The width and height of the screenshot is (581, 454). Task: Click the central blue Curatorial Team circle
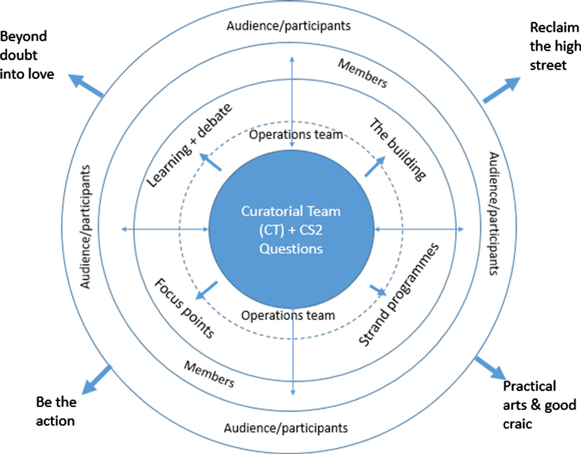point(291,230)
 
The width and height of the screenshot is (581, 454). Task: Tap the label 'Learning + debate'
point(190,146)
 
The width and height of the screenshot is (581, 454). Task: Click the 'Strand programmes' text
point(399,295)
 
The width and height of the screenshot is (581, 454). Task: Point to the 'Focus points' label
point(184,308)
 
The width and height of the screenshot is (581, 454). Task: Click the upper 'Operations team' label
point(296,135)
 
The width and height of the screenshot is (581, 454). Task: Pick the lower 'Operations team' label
point(288,316)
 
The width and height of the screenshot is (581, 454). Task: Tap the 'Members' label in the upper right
point(362,73)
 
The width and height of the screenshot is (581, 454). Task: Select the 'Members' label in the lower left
point(209,374)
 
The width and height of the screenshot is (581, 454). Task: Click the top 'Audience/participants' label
point(288,26)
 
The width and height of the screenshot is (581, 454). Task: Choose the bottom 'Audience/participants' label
point(286,428)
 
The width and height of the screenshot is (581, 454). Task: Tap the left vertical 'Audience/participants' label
point(85,227)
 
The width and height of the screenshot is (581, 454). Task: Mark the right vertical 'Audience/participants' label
point(494,213)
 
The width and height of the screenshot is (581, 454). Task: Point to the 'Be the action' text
point(56,411)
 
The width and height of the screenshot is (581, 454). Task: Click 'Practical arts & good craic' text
point(539,405)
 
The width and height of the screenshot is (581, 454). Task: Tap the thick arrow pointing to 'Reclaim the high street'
point(501,90)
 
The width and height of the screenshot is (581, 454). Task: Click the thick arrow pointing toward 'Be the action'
point(97,380)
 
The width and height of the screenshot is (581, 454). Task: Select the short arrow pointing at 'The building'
point(375,167)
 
